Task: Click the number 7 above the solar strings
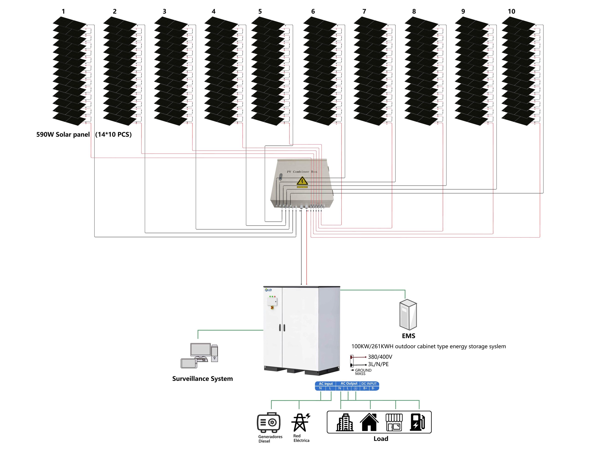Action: [x=364, y=11]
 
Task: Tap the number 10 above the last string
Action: [x=511, y=11]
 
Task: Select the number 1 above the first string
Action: [x=63, y=11]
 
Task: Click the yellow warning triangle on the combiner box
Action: [x=302, y=181]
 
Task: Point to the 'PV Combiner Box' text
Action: [x=302, y=172]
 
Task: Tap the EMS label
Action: [x=408, y=336]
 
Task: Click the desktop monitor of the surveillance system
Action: [x=200, y=350]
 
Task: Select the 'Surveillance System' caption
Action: [x=202, y=379]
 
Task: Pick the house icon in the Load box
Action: [x=369, y=422]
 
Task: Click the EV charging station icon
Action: [x=417, y=422]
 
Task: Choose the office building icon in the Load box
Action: [x=345, y=422]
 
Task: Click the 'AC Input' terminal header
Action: [x=326, y=384]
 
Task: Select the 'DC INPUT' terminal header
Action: [x=369, y=384]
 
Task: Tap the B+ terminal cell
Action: [x=365, y=388]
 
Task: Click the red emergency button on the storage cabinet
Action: [x=272, y=307]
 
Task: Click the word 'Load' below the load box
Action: [x=381, y=439]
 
